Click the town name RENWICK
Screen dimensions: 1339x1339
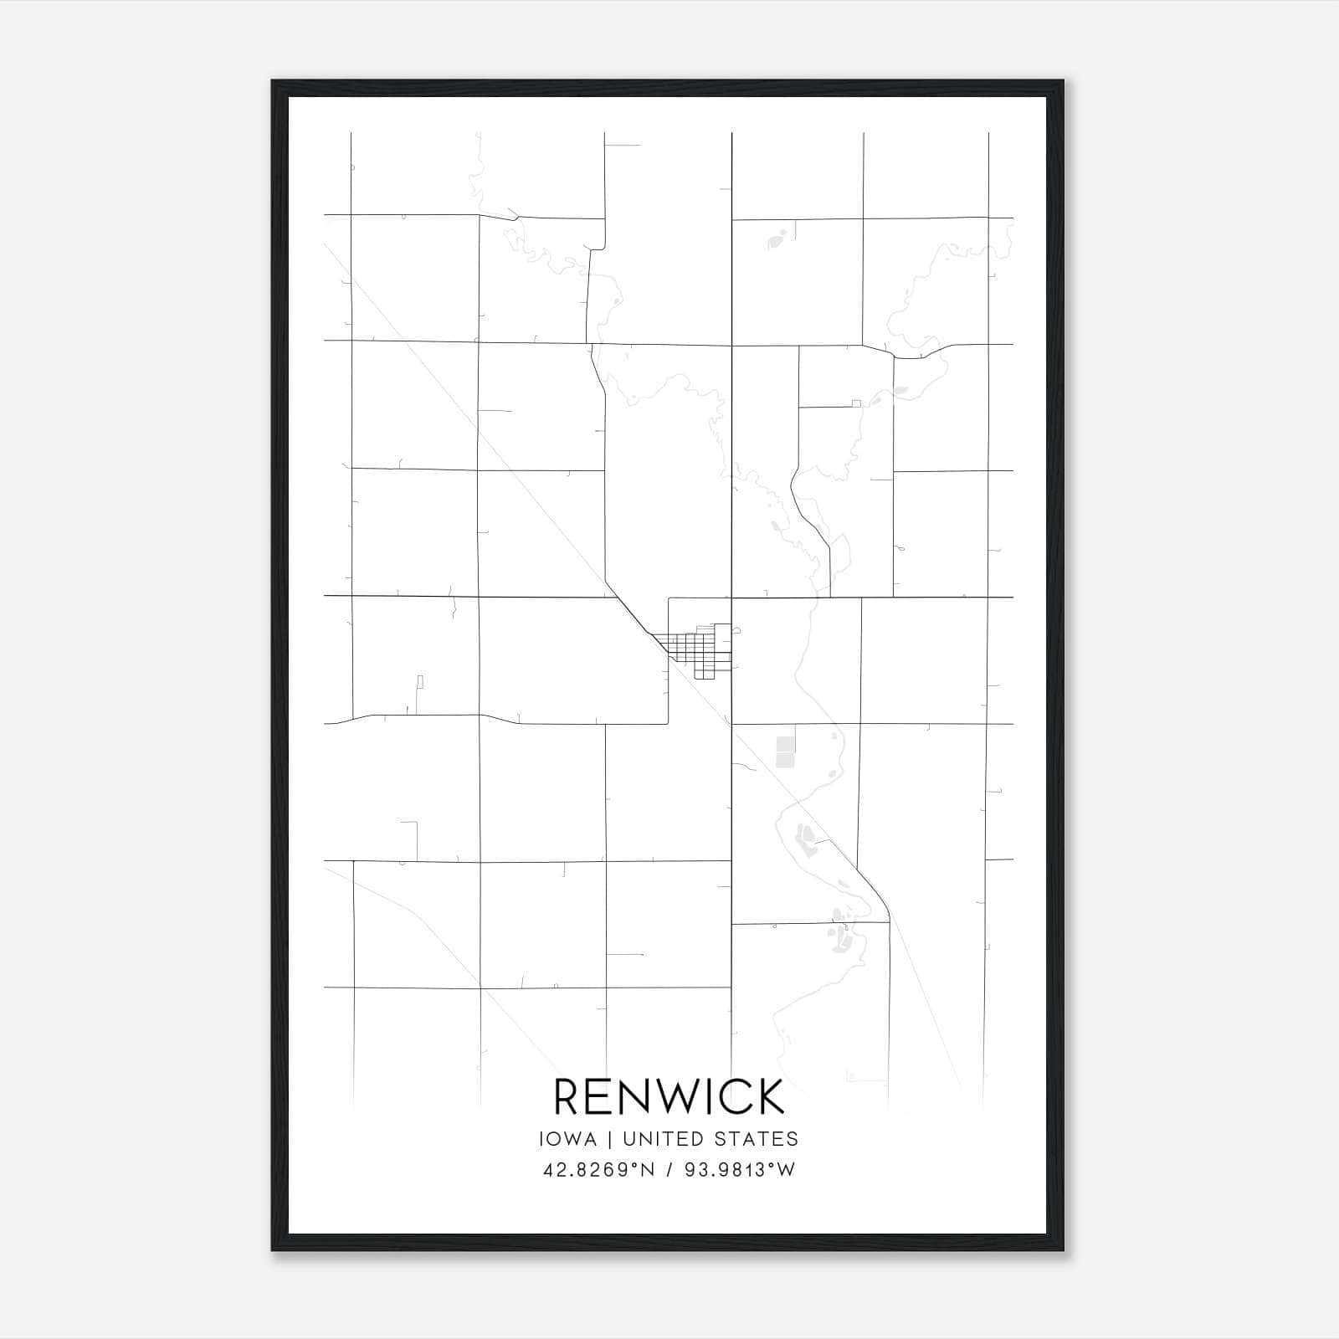coord(669,1096)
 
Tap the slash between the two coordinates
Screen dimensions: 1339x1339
coord(669,1170)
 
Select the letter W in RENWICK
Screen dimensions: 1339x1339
coord(677,1096)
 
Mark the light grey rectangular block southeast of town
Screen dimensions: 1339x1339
coord(785,752)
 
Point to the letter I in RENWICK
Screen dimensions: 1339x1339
coord(711,1096)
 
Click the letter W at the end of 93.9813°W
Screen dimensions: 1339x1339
coord(787,1170)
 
